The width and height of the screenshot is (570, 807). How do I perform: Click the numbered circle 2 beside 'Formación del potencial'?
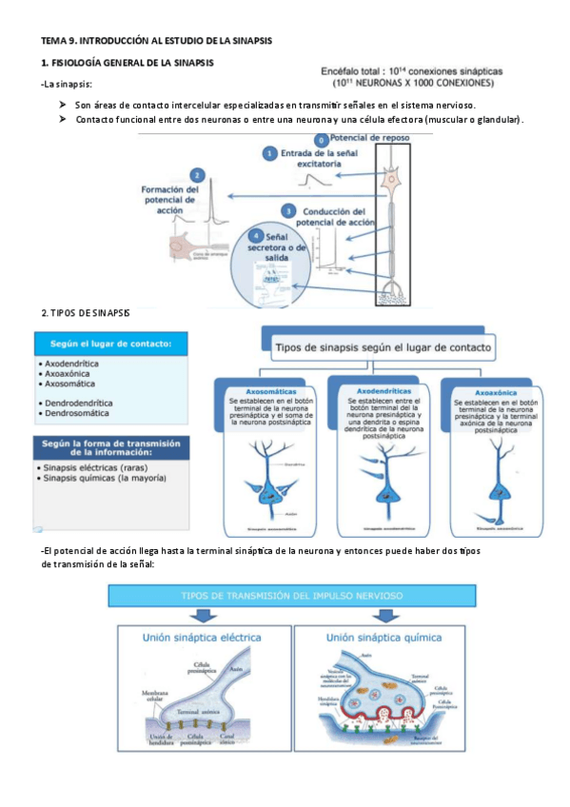[x=197, y=175]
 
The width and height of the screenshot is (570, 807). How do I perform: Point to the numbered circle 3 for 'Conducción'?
[x=288, y=209]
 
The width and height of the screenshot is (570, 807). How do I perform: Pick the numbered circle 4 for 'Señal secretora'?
[x=253, y=235]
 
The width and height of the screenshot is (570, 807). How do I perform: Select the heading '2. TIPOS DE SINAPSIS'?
[x=86, y=313]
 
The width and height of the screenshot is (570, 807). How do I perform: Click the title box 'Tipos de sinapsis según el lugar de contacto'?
[x=383, y=347]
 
